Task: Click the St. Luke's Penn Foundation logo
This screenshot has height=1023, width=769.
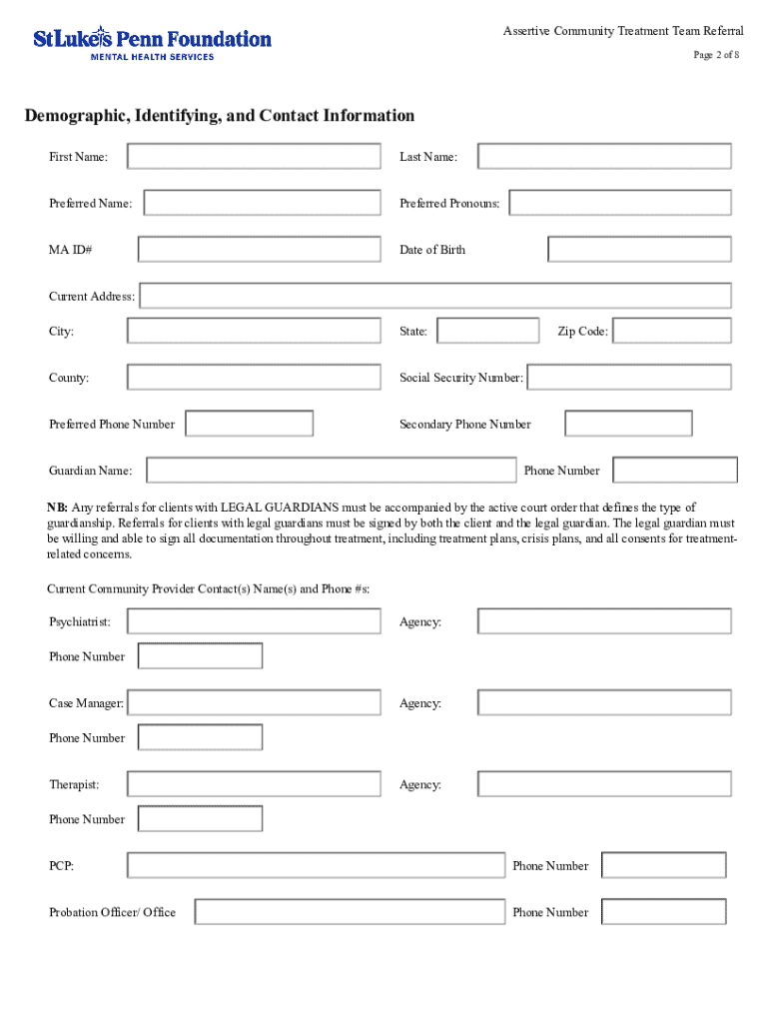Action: click(152, 44)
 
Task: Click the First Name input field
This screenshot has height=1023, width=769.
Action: click(254, 157)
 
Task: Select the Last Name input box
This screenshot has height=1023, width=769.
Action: click(604, 157)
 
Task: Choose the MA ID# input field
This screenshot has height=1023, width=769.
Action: click(259, 249)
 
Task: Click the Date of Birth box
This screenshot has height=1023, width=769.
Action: click(639, 249)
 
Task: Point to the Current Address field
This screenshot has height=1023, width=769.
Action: click(435, 296)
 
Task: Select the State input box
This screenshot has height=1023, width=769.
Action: click(488, 331)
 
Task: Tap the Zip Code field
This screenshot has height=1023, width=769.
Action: click(671, 331)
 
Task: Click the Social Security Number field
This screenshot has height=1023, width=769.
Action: click(629, 378)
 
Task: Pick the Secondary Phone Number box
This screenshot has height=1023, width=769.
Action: click(628, 424)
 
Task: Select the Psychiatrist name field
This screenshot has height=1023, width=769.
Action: click(254, 621)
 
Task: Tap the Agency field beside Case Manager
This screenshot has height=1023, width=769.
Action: click(604, 703)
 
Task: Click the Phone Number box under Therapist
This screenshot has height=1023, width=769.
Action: click(200, 819)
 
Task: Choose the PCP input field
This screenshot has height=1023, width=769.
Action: click(316, 865)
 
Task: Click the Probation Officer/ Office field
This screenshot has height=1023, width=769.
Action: click(350, 912)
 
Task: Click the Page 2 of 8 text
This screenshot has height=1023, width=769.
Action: click(716, 55)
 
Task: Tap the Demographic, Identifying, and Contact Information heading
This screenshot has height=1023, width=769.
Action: click(220, 116)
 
